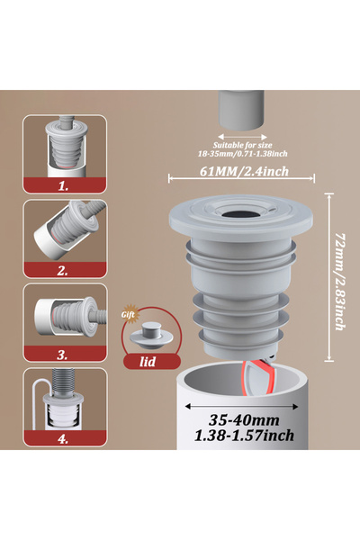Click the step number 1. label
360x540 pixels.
(62, 186)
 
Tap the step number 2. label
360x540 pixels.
(62, 270)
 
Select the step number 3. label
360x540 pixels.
(62, 355)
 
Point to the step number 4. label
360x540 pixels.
(62, 438)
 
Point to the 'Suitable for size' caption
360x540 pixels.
(240, 145)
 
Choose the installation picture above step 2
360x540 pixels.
(62, 231)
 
